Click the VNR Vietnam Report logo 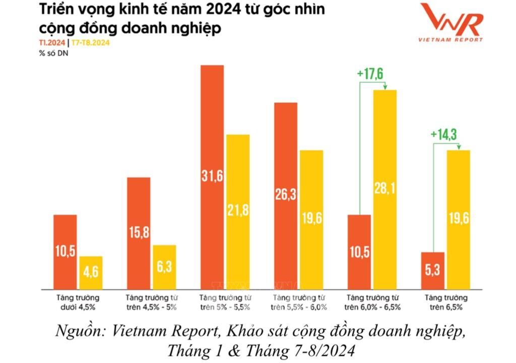point(451,23)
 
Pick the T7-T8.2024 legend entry point(90,43)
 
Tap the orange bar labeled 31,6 point(212,177)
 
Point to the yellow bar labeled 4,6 point(91,273)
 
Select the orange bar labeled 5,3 point(431,271)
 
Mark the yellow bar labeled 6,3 point(164,267)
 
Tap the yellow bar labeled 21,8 point(238,212)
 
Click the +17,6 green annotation point(370,74)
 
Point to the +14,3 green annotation point(444,135)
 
